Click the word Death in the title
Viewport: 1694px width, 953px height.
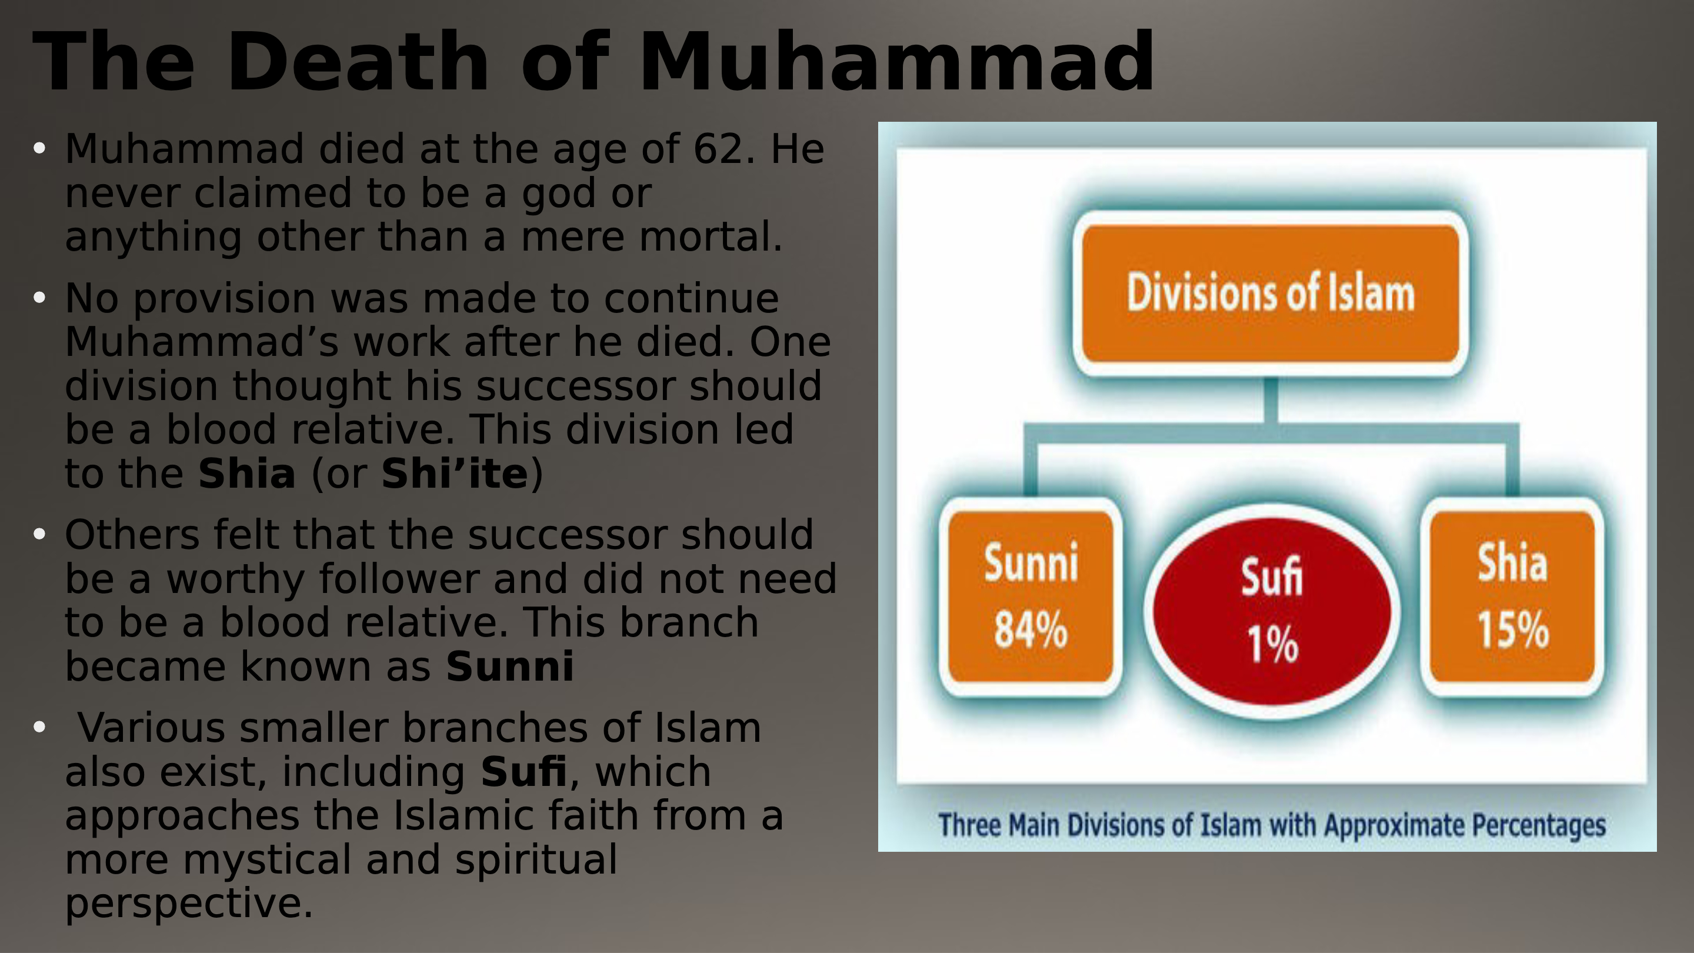(x=358, y=61)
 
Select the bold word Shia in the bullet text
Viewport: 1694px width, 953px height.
(x=246, y=473)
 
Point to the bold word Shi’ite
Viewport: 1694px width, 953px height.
(x=455, y=473)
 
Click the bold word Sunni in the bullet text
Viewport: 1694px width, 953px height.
(x=509, y=667)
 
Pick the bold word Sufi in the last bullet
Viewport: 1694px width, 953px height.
(x=523, y=771)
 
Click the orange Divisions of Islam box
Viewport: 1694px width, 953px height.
(x=1270, y=294)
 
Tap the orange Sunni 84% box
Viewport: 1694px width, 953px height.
(x=1031, y=597)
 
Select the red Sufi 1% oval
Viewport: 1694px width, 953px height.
(x=1272, y=612)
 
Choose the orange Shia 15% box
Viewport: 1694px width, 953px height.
(x=1512, y=597)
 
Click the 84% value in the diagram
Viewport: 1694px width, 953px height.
(x=1031, y=629)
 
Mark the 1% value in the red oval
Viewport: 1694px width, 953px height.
(x=1272, y=644)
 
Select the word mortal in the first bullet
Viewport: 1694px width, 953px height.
(x=711, y=236)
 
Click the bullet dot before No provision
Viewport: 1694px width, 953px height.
(x=39, y=297)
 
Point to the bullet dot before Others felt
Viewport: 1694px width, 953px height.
(x=39, y=534)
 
